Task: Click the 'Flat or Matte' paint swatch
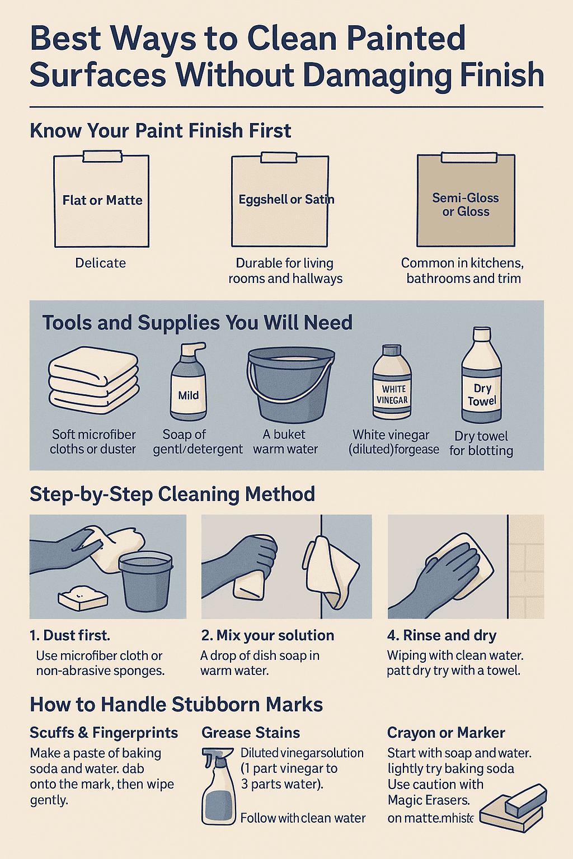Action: (102, 201)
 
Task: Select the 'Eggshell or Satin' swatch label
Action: (286, 200)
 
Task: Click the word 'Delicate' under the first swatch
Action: (101, 263)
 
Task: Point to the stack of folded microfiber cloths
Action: (93, 380)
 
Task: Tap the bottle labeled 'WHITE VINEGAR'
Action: (392, 383)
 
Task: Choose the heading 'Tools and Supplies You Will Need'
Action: (198, 323)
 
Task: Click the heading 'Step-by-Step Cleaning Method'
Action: (172, 494)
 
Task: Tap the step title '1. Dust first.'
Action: (70, 635)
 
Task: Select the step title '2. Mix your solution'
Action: (267, 635)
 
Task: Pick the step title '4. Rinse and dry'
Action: (442, 635)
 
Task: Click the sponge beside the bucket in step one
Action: (83, 598)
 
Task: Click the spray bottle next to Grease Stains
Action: (218, 786)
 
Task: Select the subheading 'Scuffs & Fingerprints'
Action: (104, 733)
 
